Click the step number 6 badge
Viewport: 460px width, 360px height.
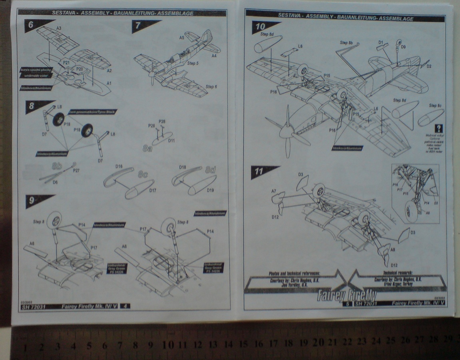click(31, 24)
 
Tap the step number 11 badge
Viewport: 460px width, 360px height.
click(259, 172)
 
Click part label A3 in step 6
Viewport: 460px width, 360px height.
click(58, 28)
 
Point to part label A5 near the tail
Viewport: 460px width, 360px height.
click(181, 37)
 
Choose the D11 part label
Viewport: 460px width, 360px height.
click(171, 141)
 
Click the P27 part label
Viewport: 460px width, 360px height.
click(76, 170)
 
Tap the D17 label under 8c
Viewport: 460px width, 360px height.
click(152, 190)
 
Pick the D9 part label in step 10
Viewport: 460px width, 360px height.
click(403, 47)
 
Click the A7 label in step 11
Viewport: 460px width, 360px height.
click(274, 191)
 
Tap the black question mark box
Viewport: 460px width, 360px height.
click(439, 129)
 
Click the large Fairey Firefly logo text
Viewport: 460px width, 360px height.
click(346, 296)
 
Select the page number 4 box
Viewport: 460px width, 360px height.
click(125, 306)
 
